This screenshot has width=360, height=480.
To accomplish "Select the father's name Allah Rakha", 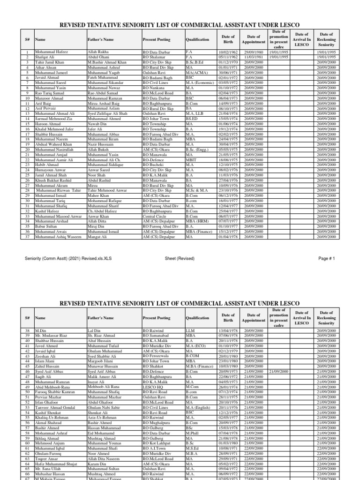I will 98,52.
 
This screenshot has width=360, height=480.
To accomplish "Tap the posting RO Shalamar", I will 155,57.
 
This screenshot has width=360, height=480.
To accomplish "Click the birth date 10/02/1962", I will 228,52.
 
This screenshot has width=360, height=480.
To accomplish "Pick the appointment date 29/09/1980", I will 253,52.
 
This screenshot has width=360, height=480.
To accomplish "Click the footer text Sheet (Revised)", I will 180,258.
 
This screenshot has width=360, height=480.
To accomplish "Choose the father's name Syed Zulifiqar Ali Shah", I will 110,114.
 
